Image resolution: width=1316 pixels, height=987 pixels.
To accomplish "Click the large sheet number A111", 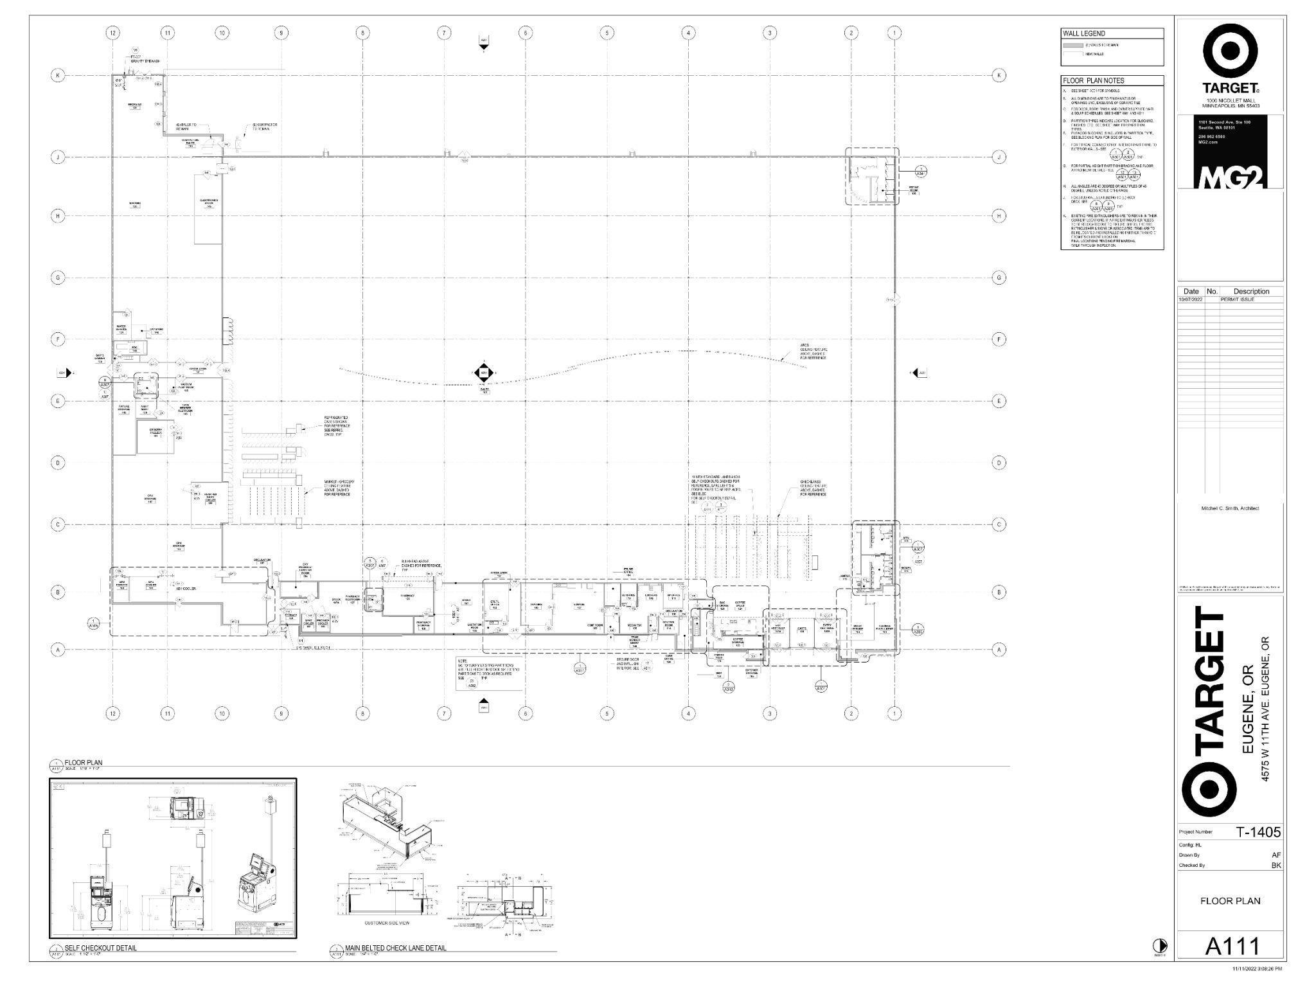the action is [x=1231, y=946].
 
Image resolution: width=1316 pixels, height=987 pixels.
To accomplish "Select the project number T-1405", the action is [x=1258, y=831].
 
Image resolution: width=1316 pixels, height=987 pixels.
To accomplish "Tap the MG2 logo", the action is [x=1230, y=179].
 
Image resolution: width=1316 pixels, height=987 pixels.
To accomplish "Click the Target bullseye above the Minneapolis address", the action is [x=1230, y=51].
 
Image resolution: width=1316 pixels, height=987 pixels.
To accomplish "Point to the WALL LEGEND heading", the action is [x=1083, y=33].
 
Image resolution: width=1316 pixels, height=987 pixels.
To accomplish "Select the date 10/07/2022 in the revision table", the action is [x=1190, y=299].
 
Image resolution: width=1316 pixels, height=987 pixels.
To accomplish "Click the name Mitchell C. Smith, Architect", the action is [x=1230, y=508].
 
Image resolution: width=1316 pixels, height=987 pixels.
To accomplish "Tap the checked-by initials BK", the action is [x=1276, y=865].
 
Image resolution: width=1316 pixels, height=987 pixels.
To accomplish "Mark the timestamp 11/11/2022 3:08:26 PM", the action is [x=1256, y=968].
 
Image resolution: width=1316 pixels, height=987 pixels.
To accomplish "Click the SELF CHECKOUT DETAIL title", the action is [x=100, y=948].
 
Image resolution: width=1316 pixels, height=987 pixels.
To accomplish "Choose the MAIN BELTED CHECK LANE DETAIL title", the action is [x=395, y=948].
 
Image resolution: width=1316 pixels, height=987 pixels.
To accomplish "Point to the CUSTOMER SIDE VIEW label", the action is [x=386, y=923].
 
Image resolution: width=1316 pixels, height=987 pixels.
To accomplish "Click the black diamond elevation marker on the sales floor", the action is [x=484, y=372].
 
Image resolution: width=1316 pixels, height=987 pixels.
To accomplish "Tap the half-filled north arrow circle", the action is [x=1159, y=945].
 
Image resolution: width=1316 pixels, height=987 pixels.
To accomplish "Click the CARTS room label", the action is [x=801, y=629].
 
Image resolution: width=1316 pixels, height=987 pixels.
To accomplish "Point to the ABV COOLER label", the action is [x=186, y=588].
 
